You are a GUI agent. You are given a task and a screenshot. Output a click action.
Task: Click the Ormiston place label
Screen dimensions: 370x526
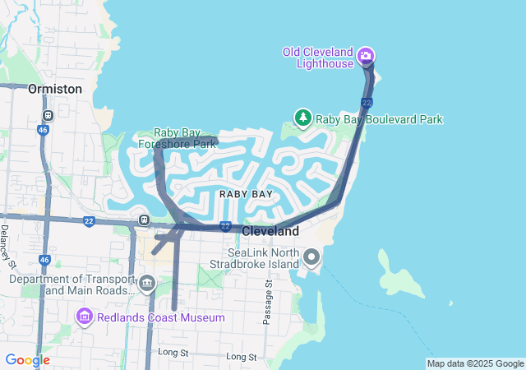55,88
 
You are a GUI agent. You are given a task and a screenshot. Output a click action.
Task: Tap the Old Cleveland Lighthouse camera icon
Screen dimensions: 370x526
366,57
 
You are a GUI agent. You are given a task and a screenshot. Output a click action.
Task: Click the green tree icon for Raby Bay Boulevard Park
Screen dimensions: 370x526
303,119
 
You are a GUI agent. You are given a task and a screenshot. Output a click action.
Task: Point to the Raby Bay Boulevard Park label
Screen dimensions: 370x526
379,119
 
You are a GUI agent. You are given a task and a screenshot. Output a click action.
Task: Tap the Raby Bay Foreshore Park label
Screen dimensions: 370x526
185,138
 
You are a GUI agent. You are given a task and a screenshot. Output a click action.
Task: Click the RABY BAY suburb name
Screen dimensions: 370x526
246,193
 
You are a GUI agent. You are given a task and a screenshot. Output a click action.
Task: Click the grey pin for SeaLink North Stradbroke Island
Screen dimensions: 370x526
311,258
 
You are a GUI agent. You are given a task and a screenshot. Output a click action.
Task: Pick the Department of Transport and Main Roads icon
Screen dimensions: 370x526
147,284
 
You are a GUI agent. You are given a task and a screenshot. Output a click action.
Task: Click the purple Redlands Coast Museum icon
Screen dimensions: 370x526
84,317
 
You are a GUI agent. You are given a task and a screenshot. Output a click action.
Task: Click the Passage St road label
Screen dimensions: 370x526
267,302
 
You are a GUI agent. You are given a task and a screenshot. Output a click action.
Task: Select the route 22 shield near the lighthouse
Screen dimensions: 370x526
367,102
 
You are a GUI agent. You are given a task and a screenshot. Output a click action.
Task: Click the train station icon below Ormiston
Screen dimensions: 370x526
48,115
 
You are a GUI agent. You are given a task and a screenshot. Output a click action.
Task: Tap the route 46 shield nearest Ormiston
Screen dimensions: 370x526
44,129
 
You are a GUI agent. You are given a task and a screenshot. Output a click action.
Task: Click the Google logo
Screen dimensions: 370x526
27,360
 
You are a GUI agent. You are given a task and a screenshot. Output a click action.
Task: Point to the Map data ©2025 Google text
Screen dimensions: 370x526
475,363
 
